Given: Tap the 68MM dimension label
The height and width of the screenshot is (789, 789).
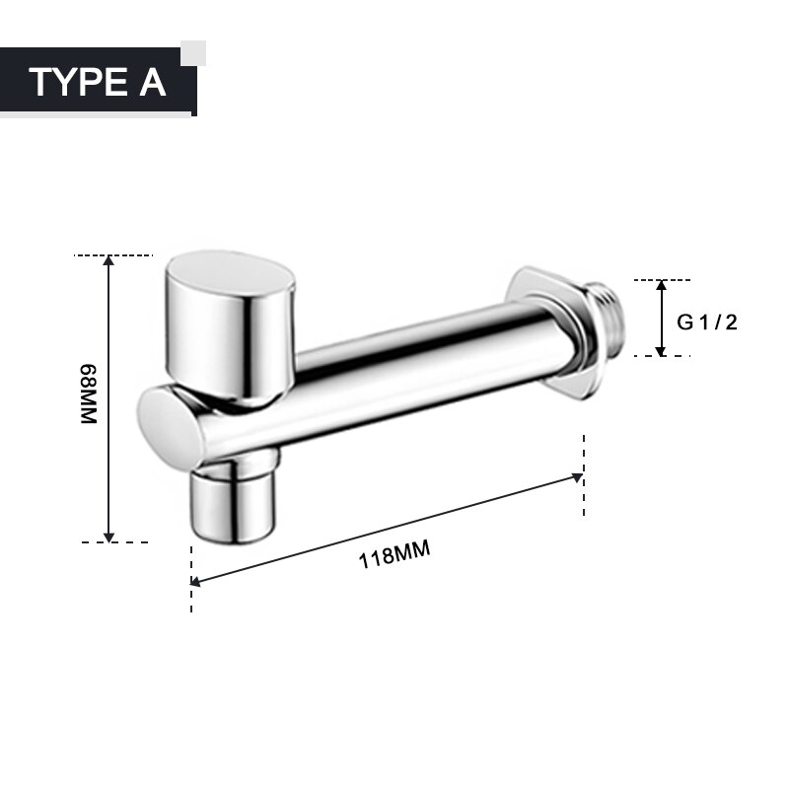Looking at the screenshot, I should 89,394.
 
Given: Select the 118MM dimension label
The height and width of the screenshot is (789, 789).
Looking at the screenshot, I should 394,556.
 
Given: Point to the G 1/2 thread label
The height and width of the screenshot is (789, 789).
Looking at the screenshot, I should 706,323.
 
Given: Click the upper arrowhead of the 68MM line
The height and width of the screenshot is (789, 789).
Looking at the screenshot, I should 108,262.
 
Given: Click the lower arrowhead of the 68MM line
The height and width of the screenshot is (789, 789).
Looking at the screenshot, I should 108,536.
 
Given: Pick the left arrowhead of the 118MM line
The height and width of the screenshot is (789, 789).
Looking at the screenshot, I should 196,583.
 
